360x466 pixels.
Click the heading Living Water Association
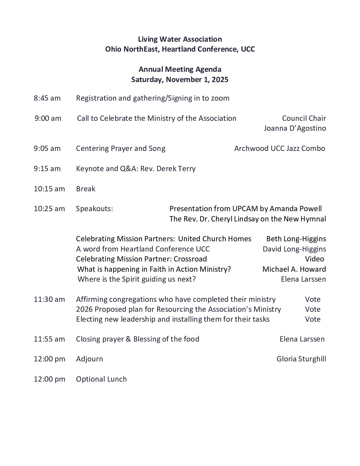(x=180, y=39)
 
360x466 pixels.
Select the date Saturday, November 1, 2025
(x=180, y=80)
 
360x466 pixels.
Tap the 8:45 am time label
(x=47, y=98)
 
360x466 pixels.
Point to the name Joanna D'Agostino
(x=294, y=128)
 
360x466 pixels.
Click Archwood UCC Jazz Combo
(x=280, y=149)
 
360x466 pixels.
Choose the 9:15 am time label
(x=47, y=169)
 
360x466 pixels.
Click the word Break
(x=86, y=189)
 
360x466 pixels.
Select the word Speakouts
(x=94, y=209)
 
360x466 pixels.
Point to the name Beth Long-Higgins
(x=296, y=239)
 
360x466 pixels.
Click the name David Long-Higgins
(x=294, y=249)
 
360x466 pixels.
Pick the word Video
(x=314, y=259)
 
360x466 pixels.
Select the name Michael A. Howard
(x=294, y=269)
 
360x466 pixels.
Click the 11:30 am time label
(x=49, y=300)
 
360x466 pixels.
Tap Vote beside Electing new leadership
(x=313, y=319)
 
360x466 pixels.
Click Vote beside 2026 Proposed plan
(x=313, y=309)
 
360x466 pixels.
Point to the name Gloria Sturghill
(x=301, y=359)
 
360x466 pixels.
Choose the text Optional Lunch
(x=101, y=379)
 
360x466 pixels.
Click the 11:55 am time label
(x=49, y=339)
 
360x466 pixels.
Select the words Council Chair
(x=304, y=118)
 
